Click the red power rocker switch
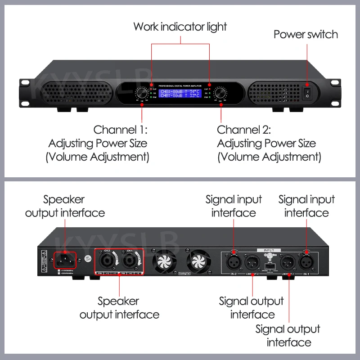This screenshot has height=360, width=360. [307, 93]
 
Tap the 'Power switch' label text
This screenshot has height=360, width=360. [306, 35]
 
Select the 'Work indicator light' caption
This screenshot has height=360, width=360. [180, 27]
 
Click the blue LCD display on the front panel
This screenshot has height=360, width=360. [180, 93]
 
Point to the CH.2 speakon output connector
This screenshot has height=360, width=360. [108, 260]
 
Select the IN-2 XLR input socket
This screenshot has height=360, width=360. [234, 261]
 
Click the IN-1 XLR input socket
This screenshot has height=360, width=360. [306, 261]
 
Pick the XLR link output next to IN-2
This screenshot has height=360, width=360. [252, 261]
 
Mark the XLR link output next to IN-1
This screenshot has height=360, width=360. [288, 261]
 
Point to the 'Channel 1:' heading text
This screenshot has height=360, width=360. [120, 130]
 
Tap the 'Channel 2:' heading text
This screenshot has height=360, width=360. [244, 130]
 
